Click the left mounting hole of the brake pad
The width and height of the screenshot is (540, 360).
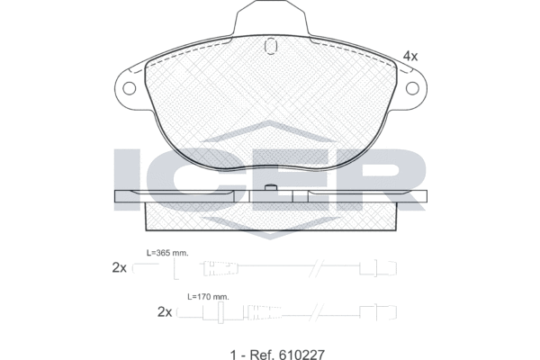coord(129,88)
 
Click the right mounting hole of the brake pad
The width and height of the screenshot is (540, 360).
coord(412,88)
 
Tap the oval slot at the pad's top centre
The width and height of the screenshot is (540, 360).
coord(270,46)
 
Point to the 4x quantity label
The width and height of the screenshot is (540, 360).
coord(409,56)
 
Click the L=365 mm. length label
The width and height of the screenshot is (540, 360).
coord(167,253)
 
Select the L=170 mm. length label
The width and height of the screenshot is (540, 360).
coord(208,297)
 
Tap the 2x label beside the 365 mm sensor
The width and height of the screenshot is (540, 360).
coord(119,267)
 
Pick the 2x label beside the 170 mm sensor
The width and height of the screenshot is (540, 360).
coord(165,312)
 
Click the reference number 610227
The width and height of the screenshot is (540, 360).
coord(302,354)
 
